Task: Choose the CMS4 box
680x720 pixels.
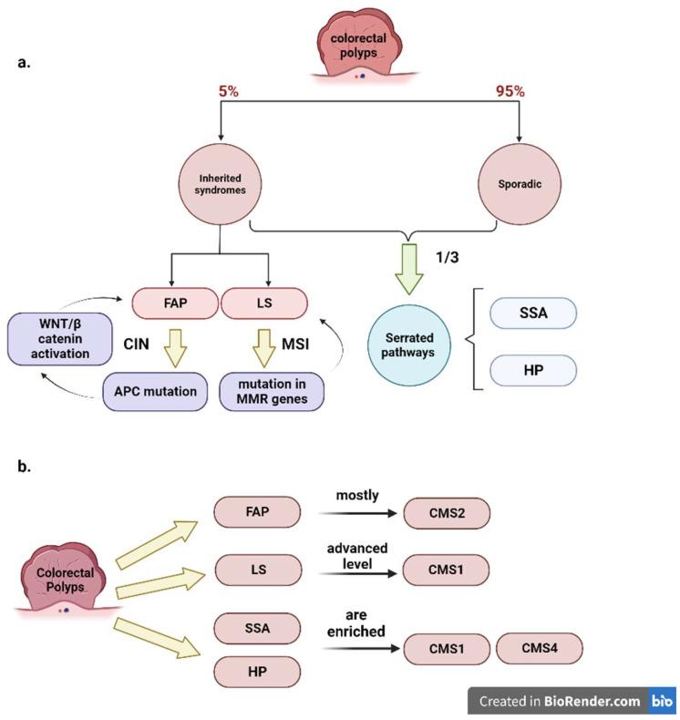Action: (x=540, y=649)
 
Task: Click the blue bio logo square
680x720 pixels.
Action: (x=660, y=701)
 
